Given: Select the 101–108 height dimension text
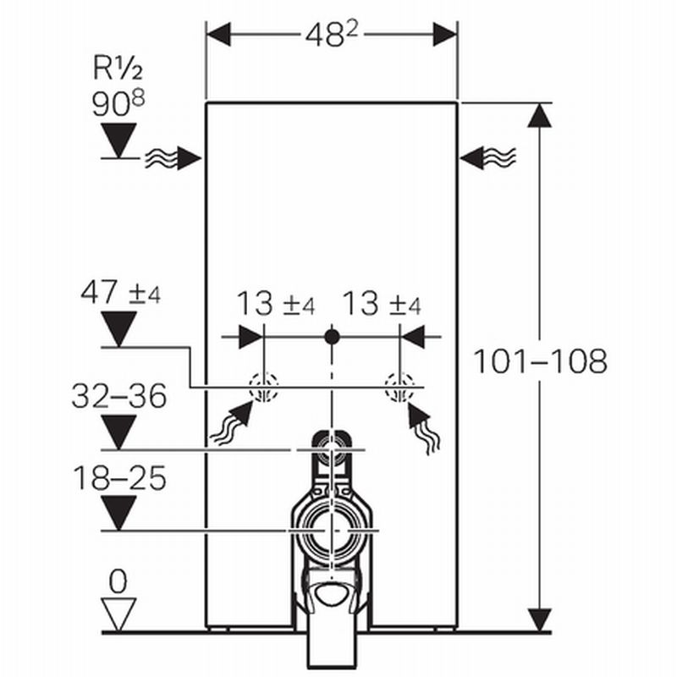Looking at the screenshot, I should (539, 361).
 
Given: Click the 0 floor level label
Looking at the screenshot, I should (118, 581).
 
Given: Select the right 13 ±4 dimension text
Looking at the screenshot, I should (381, 304).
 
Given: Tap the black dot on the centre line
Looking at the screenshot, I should (332, 337).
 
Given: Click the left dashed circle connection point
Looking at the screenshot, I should (264, 388).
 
